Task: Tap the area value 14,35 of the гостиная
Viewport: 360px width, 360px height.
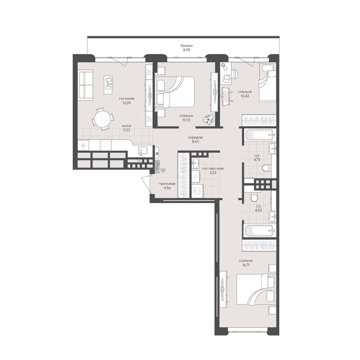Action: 126,103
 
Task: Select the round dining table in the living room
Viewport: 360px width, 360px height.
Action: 103,119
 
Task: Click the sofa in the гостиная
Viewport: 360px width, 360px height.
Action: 86,85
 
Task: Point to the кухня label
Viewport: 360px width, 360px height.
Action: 127,126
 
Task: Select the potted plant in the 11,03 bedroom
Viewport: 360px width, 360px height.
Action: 208,120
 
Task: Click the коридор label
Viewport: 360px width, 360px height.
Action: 195,137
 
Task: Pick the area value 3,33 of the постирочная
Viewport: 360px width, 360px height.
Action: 213,173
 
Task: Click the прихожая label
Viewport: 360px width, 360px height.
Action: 167,184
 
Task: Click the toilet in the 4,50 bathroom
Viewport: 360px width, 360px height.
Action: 255,198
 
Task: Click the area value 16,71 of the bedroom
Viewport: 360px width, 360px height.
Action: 246,265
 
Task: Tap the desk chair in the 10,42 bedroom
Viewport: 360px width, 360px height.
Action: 234,74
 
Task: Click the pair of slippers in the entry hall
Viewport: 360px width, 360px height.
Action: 163,170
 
